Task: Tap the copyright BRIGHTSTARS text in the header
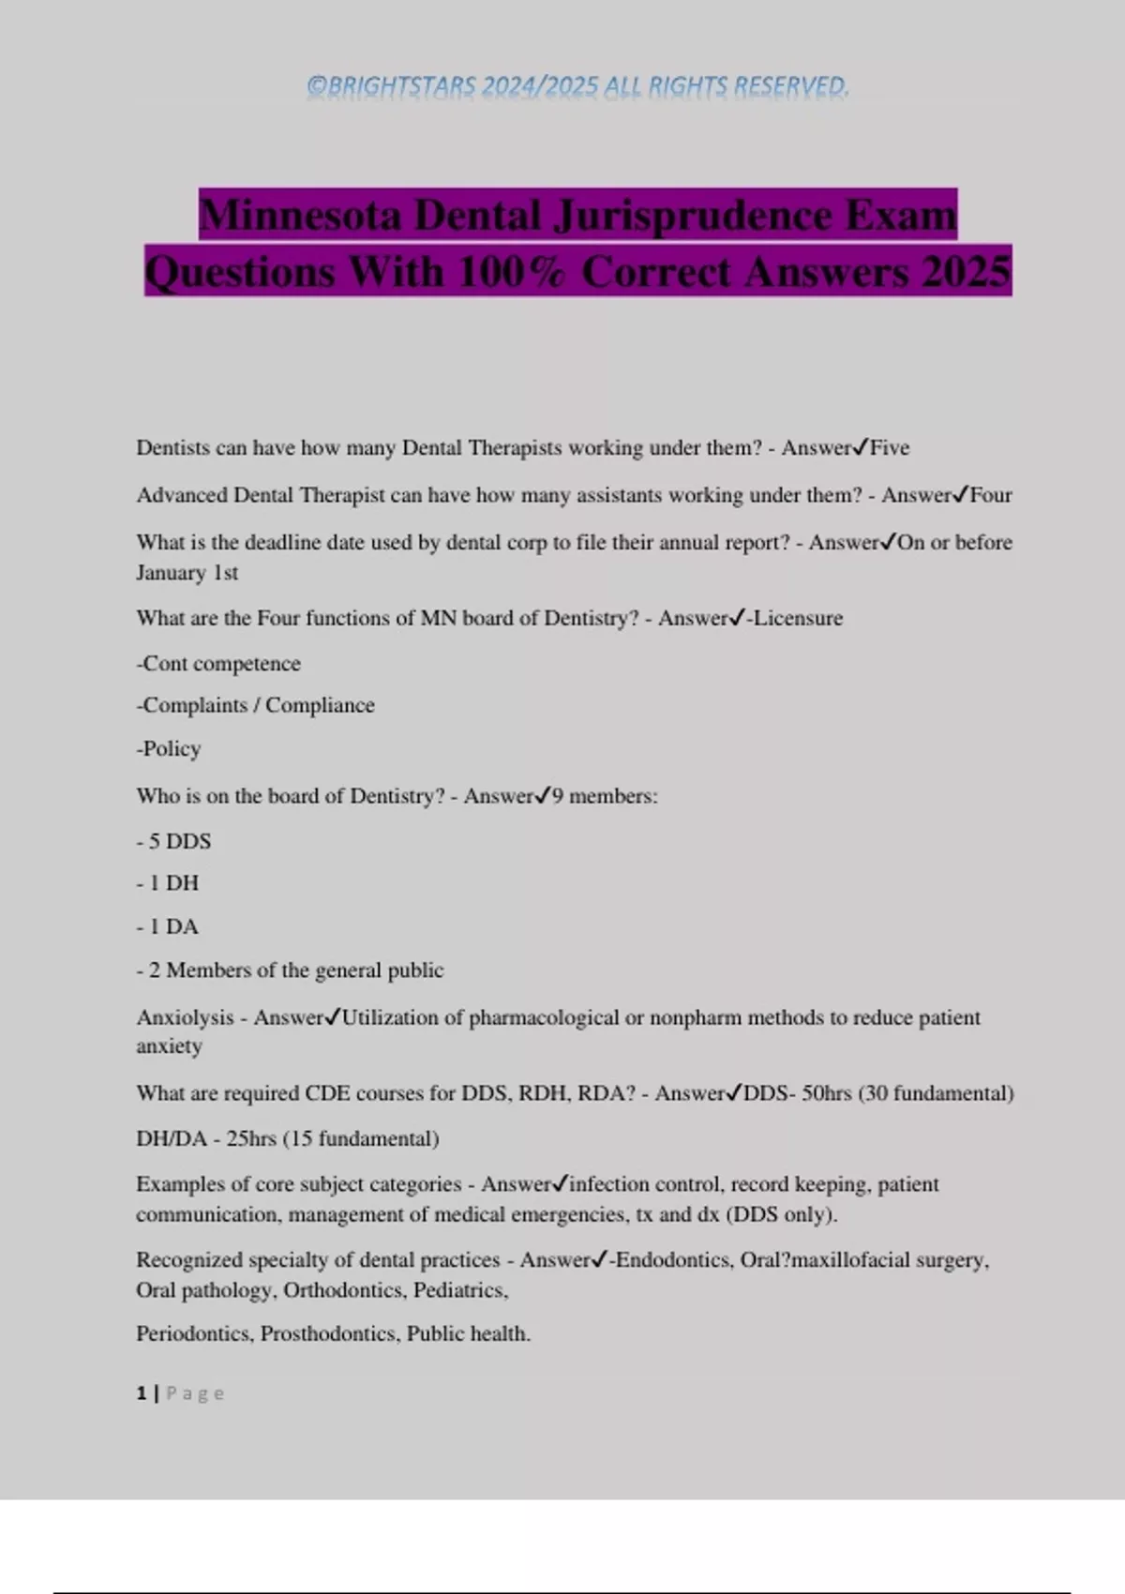[577, 86]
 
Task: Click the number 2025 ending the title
[966, 272]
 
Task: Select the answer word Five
[890, 448]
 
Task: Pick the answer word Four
[991, 495]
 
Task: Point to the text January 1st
[187, 573]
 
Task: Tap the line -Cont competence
[218, 664]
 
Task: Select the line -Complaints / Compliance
[255, 705]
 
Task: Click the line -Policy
[169, 748]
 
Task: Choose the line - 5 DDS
[173, 841]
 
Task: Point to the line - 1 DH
[168, 883]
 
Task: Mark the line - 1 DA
[168, 926]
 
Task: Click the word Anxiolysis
[185, 1017]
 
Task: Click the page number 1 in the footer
[142, 1393]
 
